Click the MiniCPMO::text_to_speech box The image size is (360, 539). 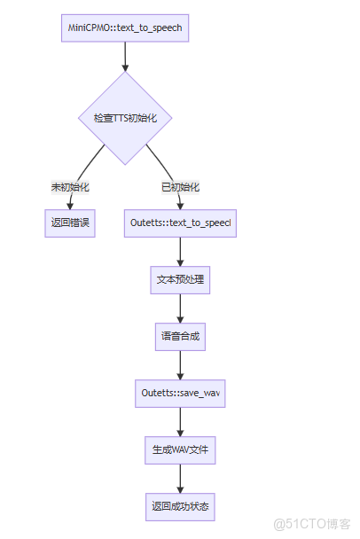[125, 27]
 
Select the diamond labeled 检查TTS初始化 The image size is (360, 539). [125, 117]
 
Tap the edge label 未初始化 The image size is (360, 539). [70, 187]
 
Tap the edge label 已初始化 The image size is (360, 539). [180, 187]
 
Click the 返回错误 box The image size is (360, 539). [69, 223]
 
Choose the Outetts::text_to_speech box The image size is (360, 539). [181, 223]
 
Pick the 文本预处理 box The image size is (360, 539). [181, 280]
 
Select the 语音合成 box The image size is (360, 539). [181, 337]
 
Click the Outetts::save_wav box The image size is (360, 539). [181, 393]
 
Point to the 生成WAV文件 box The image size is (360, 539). [181, 449]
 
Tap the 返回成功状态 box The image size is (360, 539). [181, 506]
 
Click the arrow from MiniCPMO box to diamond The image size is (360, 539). [125, 56]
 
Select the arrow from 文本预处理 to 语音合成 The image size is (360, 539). [181, 308]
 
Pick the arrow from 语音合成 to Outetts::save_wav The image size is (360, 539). [181, 364]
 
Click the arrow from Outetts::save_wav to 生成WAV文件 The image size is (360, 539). [181, 421]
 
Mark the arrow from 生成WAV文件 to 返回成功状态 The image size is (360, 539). [181, 478]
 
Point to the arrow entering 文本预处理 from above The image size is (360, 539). [181, 252]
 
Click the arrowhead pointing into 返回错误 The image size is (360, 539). [69, 205]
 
